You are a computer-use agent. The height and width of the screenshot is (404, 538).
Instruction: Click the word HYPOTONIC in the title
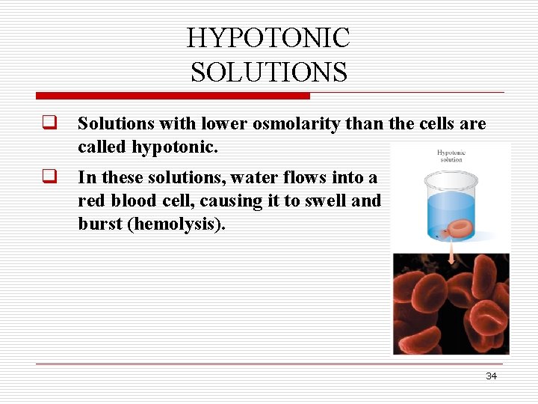pyautogui.click(x=268, y=38)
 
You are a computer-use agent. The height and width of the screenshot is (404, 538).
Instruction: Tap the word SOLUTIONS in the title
pyautogui.click(x=268, y=73)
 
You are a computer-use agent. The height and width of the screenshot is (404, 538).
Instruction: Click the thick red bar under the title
pyautogui.click(x=173, y=96)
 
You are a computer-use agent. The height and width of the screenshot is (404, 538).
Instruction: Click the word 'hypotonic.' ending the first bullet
pyautogui.click(x=175, y=147)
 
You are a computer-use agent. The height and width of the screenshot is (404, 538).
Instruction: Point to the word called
pyautogui.click(x=102, y=147)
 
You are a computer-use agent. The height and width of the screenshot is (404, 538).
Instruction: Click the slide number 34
pyautogui.click(x=491, y=376)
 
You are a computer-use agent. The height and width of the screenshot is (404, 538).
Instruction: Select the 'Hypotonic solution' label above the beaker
pyautogui.click(x=451, y=156)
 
